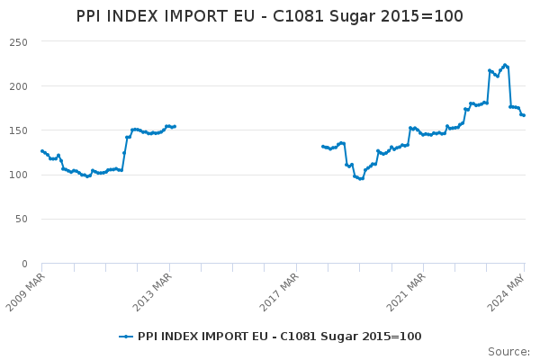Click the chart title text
[269, 16]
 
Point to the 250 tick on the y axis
[19, 42]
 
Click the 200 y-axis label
[19, 86]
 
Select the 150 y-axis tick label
[19, 130]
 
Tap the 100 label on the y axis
[19, 175]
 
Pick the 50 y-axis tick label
[22, 219]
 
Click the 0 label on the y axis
[24, 264]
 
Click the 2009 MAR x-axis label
[25, 292]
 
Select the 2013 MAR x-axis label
[152, 292]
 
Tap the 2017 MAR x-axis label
[279, 292]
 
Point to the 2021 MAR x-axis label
[406, 292]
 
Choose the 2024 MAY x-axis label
[506, 292]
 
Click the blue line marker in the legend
[126, 337]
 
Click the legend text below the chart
[279, 337]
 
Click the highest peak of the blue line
[505, 65]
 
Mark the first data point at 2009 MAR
[42, 151]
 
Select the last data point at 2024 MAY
[524, 115]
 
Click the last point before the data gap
[175, 126]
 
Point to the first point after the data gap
[323, 147]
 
